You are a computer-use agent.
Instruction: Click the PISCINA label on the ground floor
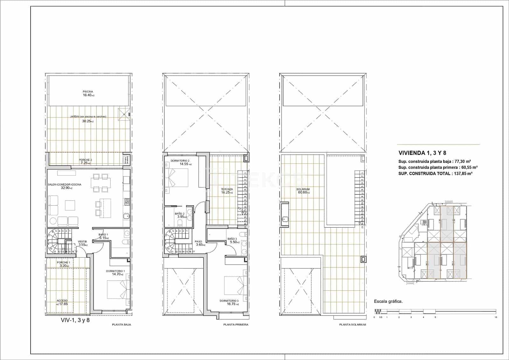[88, 92]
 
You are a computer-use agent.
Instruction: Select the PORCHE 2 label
[85, 160]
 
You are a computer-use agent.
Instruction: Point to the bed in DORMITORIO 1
[117, 289]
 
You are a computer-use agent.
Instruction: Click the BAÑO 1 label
[103, 234]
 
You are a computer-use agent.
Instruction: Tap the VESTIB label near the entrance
[82, 242]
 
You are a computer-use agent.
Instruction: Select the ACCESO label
[62, 300]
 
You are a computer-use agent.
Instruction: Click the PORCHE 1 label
[63, 263]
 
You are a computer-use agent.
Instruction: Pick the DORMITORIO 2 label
[180, 160]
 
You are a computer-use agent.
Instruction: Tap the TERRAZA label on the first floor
[227, 189]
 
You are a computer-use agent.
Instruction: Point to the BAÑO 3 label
[232, 239]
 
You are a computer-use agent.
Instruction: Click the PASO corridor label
[199, 242]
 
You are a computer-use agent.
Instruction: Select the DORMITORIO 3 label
[229, 301]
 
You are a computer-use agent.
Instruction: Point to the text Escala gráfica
[388, 301]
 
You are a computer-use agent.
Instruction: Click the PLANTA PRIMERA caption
[235, 325]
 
